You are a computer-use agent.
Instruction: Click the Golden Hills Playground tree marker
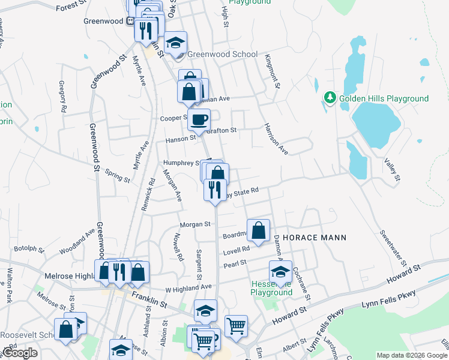point(329,97)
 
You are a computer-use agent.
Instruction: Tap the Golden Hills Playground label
point(384,98)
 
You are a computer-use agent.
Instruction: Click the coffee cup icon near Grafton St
point(199,119)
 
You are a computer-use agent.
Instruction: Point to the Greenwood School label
point(222,54)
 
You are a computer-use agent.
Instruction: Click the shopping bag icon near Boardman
point(258,230)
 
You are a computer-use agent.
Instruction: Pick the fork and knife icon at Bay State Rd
point(215,190)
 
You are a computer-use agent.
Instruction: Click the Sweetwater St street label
point(393,248)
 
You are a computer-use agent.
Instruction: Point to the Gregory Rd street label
point(62,97)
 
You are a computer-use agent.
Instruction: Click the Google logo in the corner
point(20,353)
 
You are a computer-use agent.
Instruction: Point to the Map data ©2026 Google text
point(411,355)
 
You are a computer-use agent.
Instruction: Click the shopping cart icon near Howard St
point(236,326)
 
